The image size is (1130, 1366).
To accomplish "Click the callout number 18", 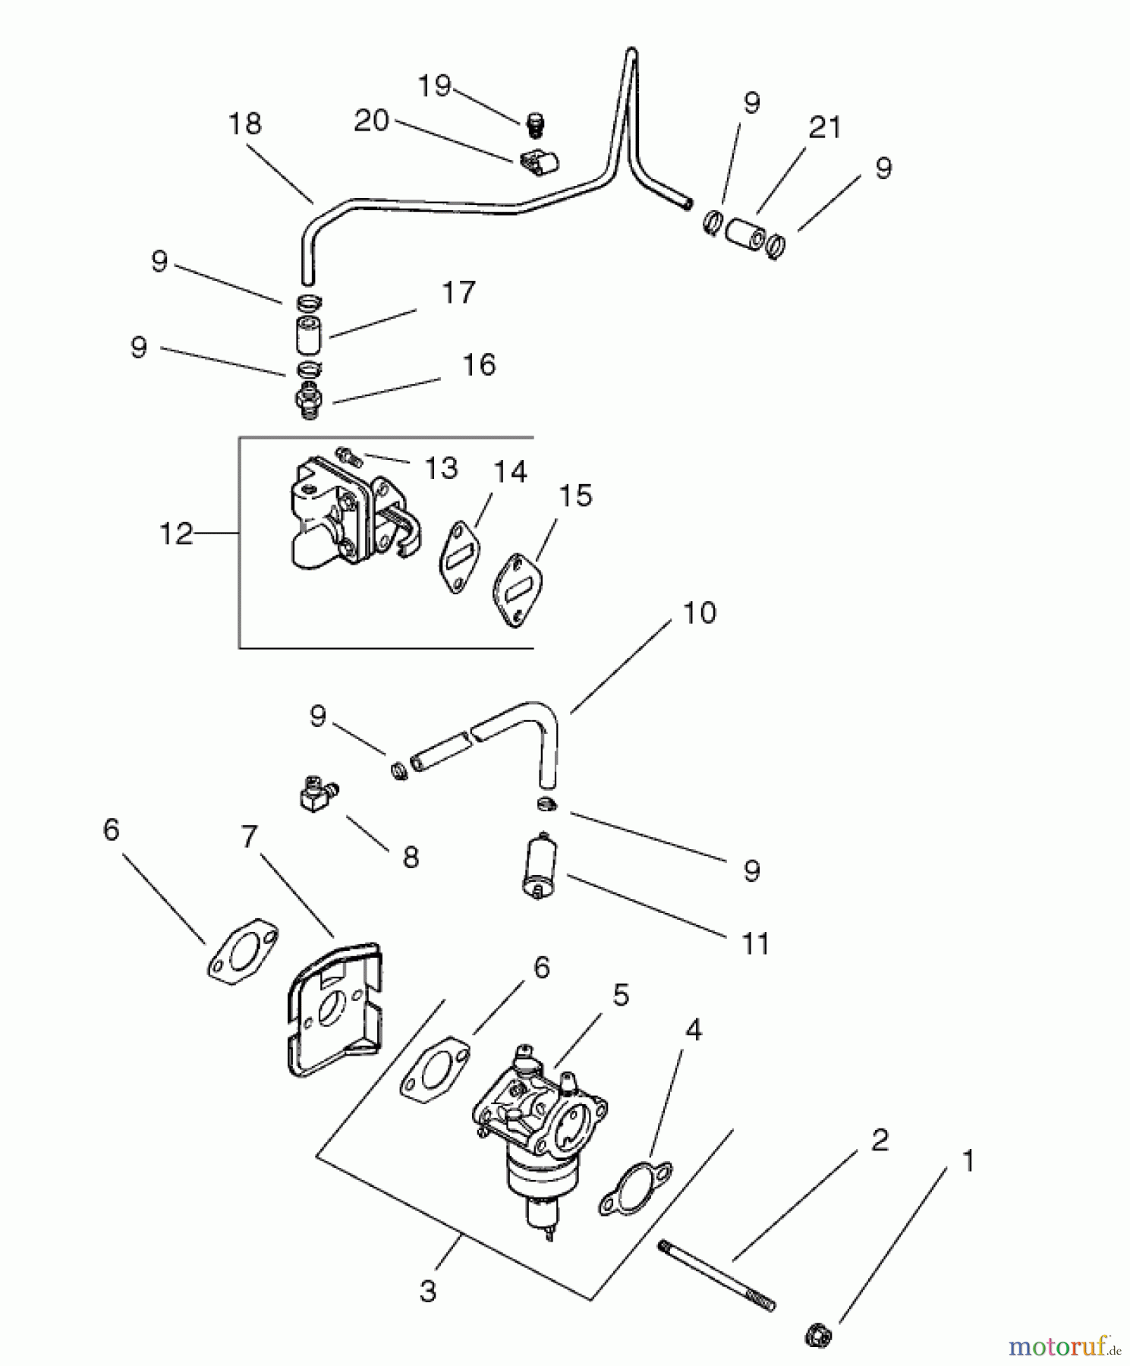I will [x=244, y=124].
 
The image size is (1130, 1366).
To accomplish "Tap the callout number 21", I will [x=825, y=127].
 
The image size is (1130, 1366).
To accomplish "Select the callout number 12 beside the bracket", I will [x=176, y=534].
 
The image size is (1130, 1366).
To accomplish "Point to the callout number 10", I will [x=699, y=612].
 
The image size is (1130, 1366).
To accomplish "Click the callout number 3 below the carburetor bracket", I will [x=428, y=1291].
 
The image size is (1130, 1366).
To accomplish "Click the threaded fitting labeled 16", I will [x=309, y=399].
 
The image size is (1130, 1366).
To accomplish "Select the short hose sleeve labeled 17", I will [x=308, y=336].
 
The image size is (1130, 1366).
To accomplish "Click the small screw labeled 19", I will [x=536, y=123].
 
